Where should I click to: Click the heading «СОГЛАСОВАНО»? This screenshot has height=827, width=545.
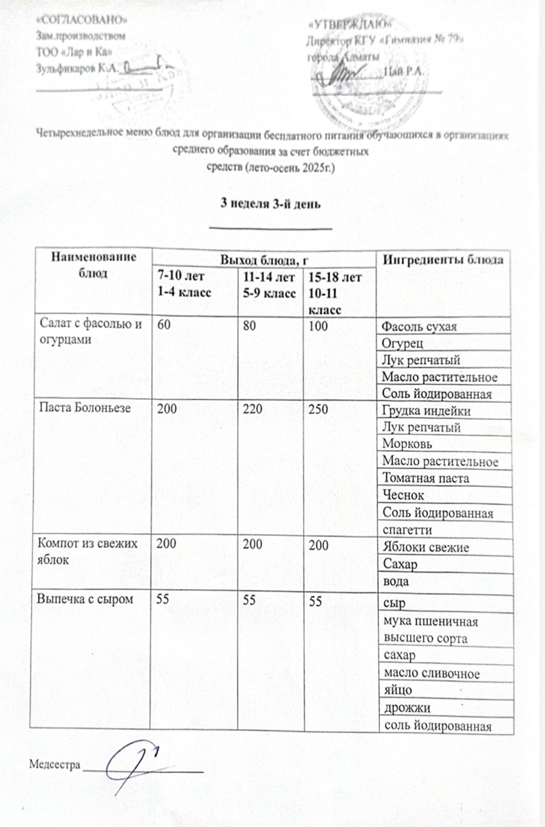(82, 20)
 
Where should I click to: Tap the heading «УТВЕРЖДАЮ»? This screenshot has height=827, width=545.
(350, 24)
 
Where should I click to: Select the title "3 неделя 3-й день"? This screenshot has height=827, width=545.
(271, 203)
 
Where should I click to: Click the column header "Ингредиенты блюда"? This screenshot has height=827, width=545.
(443, 259)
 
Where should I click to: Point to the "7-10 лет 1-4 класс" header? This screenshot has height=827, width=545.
(184, 284)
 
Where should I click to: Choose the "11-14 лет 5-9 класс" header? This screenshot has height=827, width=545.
(269, 285)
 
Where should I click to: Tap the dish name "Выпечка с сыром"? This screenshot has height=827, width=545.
(84, 599)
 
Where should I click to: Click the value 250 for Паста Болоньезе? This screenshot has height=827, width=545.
(318, 409)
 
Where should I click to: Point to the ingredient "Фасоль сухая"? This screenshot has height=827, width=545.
(419, 327)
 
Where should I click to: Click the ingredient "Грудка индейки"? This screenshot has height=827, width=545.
(426, 411)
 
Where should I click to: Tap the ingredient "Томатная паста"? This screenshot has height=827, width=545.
(425, 478)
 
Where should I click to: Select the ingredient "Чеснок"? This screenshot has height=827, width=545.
(403, 495)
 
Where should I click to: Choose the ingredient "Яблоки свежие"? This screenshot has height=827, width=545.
(425, 547)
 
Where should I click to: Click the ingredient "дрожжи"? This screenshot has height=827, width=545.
(407, 708)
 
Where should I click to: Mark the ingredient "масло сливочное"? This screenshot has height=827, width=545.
(431, 673)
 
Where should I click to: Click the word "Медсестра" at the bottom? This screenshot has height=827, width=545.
(55, 764)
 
